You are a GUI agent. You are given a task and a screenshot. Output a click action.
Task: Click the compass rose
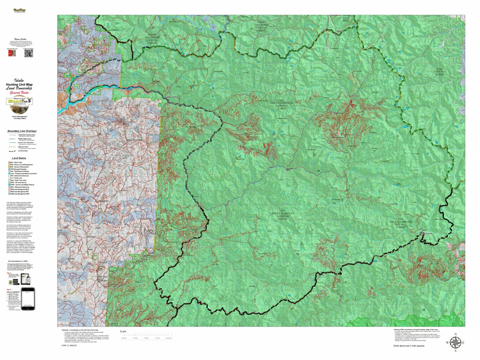455,342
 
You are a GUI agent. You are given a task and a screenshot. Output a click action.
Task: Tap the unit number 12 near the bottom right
423,310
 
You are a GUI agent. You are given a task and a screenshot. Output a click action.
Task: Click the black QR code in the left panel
28,53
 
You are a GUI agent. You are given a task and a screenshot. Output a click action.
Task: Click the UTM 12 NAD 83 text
69,345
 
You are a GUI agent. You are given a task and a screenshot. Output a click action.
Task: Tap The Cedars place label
355,96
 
